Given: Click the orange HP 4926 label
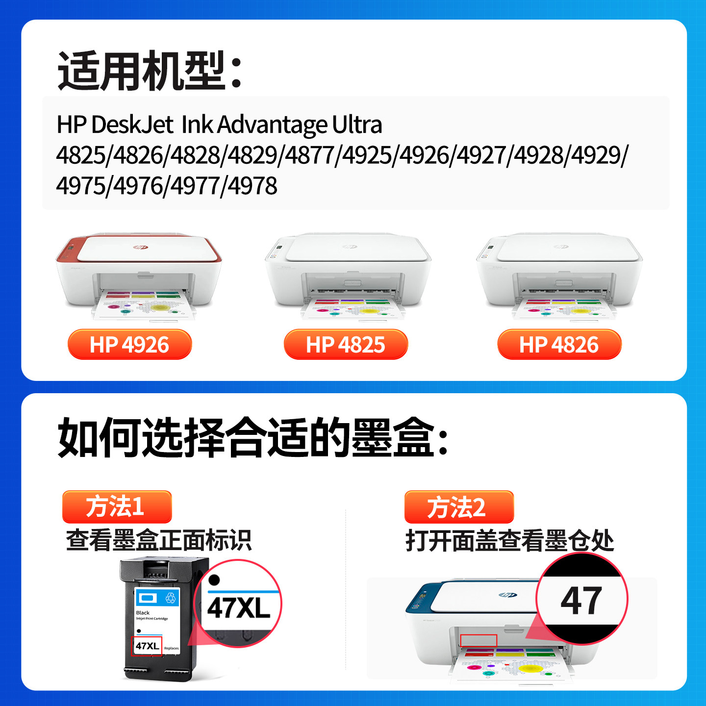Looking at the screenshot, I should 129,345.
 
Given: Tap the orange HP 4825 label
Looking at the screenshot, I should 346,345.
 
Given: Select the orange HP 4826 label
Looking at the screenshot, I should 559,345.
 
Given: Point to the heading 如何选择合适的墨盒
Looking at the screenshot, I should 252,437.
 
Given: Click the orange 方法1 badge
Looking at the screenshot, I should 117,506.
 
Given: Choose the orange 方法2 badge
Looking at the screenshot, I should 458,507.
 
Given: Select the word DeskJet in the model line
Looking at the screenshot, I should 132,125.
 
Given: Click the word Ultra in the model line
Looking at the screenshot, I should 357,125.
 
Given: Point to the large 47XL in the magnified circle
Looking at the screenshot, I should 239,608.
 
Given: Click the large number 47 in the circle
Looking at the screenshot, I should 581,601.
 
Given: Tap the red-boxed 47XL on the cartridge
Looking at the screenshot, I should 147,646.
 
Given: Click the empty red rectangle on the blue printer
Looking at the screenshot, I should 479,640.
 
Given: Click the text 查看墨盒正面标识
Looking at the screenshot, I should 159,540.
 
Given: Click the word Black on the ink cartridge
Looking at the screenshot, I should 143,613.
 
